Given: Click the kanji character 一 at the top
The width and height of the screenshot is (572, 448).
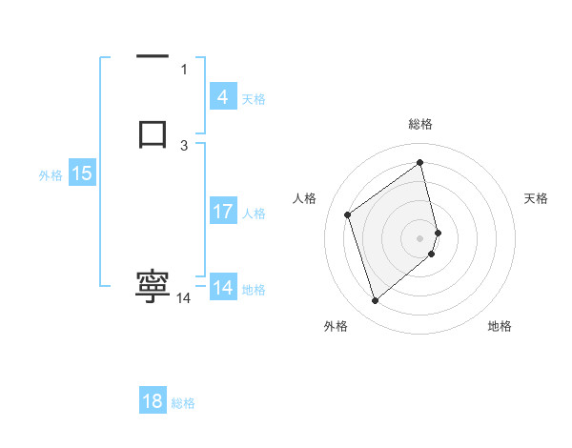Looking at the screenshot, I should coord(153,58).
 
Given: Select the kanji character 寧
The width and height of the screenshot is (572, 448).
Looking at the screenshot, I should coord(153,287).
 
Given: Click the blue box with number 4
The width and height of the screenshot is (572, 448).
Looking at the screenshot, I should coord(222,97).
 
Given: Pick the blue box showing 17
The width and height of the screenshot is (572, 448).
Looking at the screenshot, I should coord(222,213).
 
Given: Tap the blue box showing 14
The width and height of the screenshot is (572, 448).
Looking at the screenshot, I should coord(222,288).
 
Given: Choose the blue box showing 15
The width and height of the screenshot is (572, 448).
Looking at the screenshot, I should coord(81,173).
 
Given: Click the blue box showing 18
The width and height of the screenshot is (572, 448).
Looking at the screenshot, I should coord(153,401).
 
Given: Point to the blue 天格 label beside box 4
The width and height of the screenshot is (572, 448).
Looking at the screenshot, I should coord(254,98).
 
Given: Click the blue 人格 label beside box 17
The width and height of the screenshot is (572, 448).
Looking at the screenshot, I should coord(255,214).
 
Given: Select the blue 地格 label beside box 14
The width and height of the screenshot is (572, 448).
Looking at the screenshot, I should coord(255,290).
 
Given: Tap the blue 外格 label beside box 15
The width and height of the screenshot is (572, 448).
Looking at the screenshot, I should coord(50,175).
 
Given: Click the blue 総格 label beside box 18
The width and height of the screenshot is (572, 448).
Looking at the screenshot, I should coord(183,403).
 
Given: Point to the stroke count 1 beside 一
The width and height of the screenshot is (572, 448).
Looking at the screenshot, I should coord(184,70).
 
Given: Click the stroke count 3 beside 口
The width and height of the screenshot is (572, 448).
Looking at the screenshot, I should coord(184,145).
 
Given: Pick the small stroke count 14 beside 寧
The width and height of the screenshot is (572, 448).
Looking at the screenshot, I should coord(184,298).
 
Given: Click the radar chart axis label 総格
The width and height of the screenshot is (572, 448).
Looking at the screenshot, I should coord(420,124).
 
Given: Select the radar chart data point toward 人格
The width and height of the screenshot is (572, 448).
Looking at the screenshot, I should coord(348,214).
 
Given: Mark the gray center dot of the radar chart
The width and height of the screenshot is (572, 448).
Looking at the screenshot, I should coord(420,237).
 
